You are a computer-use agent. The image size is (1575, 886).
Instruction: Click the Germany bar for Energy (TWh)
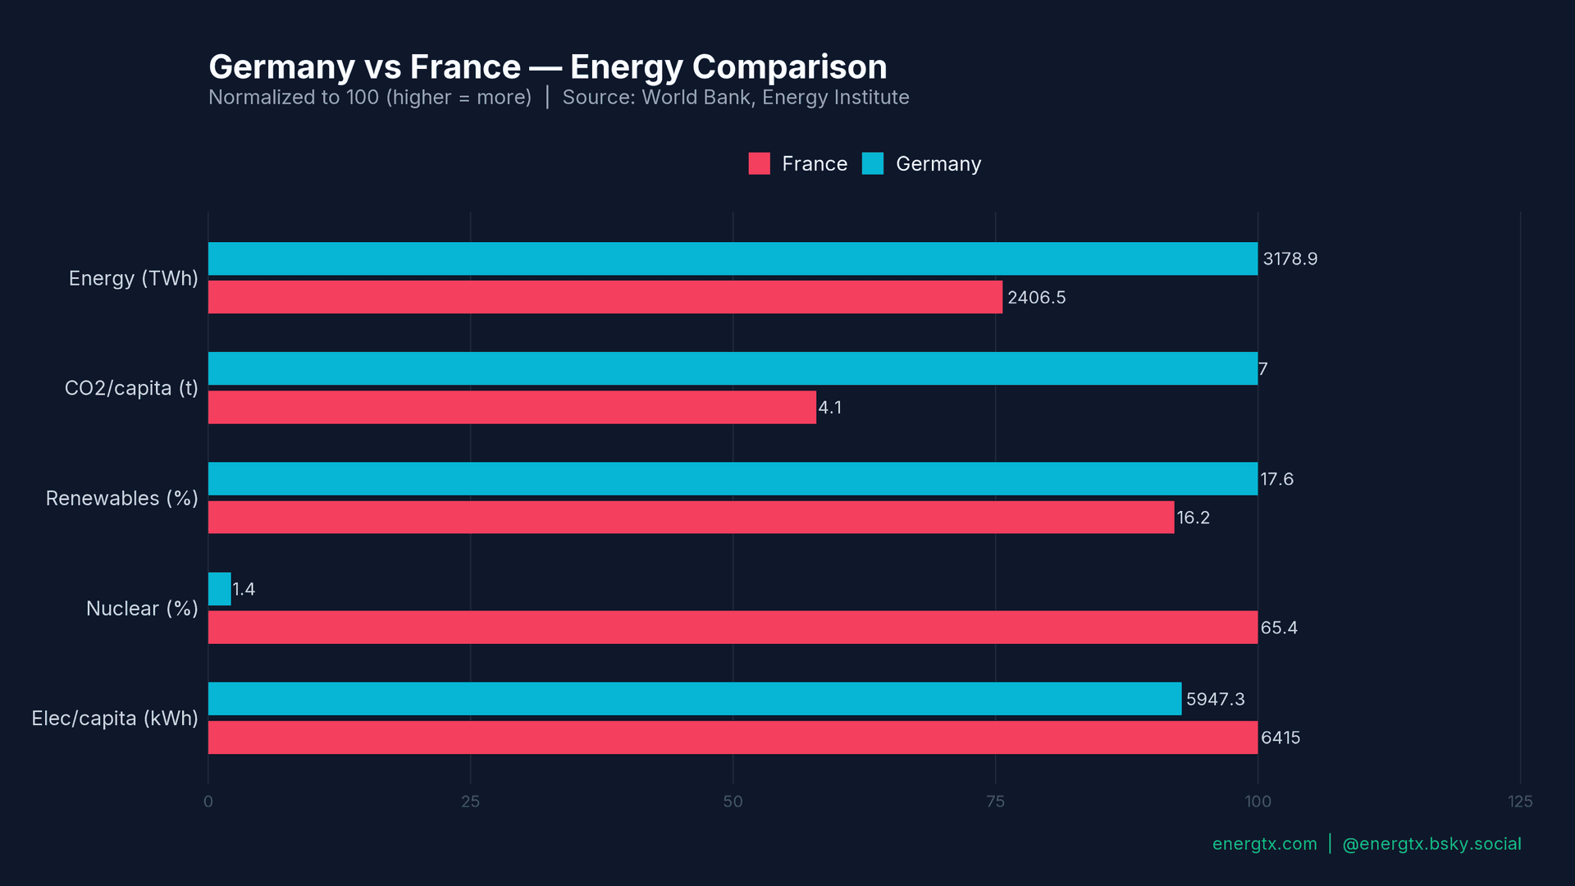[x=733, y=258]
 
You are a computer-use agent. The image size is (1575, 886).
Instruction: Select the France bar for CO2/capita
[x=512, y=407]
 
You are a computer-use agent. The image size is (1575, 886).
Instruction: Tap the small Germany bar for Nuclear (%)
[x=219, y=589]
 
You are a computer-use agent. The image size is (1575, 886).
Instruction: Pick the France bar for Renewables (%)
[x=691, y=517]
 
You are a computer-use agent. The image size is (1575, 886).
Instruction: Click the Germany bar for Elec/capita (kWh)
[x=694, y=699]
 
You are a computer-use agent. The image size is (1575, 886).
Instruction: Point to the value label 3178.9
[x=1290, y=259]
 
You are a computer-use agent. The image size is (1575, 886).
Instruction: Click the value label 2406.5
[x=1036, y=298]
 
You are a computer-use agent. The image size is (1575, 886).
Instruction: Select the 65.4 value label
[x=1279, y=628]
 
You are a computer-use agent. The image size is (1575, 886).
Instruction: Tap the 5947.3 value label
[x=1215, y=699]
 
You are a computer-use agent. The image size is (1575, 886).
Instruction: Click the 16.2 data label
[x=1193, y=518]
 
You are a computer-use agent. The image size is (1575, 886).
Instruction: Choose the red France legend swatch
[x=759, y=164]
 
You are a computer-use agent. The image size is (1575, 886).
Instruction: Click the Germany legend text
[x=938, y=164]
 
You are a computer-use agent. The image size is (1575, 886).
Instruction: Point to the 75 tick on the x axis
[x=995, y=802]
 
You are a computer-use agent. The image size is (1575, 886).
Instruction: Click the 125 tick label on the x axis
[x=1519, y=802]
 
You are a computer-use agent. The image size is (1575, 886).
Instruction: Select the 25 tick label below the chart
[x=470, y=802]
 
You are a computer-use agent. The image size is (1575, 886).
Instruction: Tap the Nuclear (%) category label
[x=142, y=609]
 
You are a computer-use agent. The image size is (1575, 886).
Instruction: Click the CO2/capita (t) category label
[x=131, y=388]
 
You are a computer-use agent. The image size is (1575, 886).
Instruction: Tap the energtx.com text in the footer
[x=1264, y=844]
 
